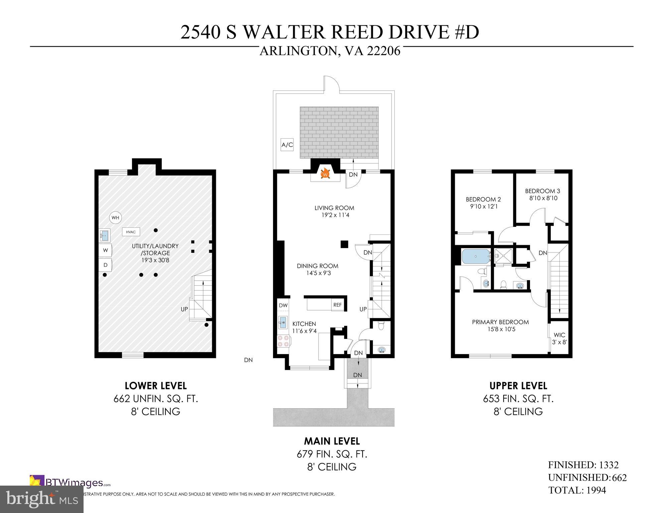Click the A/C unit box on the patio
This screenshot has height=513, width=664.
287,145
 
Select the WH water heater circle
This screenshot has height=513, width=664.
115,218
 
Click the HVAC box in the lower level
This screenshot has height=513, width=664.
131,232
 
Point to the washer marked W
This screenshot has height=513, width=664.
106,250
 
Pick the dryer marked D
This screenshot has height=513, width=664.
106,265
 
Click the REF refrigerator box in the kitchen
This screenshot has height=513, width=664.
338,305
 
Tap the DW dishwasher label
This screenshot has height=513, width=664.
283,305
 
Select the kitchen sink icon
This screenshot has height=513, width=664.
283,322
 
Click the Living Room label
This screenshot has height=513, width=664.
334,208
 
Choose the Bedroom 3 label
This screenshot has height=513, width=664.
542,191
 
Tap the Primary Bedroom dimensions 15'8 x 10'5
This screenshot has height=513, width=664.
500,329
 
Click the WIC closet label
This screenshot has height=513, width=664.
559,335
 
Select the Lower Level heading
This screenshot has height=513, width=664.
156,386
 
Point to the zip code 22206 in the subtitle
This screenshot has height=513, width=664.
384,51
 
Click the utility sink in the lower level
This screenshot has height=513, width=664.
104,235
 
